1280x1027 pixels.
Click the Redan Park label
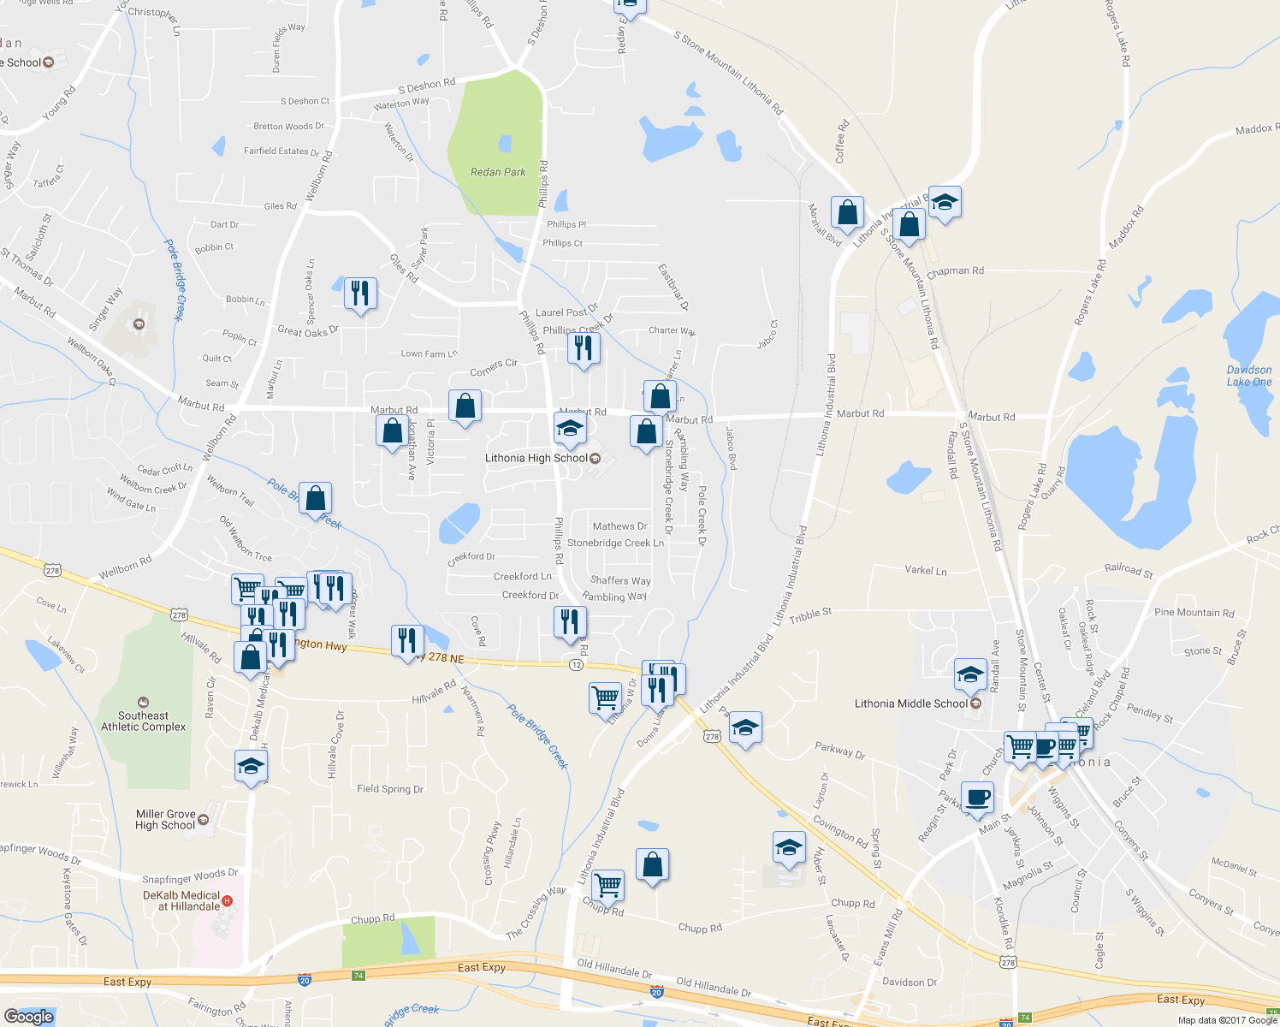498,172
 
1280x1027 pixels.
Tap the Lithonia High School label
536,458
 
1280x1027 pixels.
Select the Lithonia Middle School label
911,703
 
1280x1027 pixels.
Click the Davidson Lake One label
1249,376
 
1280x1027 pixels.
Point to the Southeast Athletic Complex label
143,721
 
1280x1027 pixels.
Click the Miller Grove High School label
166,820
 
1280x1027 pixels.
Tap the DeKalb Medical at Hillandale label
182,900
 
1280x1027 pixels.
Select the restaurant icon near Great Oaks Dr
360,293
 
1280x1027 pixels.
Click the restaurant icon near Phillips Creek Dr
584,347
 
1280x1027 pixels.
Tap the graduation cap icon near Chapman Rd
945,202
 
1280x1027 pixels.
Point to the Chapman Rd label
955,271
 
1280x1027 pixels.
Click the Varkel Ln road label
926,570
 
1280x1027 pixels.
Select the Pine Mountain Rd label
1194,613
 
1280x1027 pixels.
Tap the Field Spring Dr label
390,789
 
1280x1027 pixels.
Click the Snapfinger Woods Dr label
190,876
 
